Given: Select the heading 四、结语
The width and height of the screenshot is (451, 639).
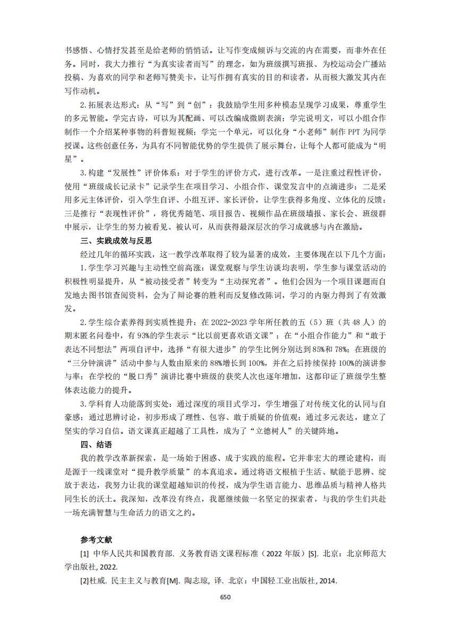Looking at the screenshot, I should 96,444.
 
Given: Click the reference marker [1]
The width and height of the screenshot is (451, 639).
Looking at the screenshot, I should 84,553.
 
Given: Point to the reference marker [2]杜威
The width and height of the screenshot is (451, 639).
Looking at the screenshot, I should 92,580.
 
